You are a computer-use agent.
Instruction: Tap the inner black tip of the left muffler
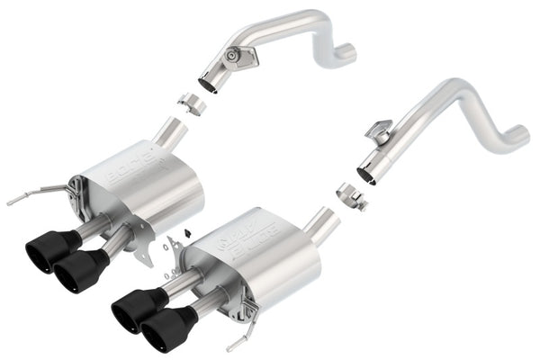click(81, 271)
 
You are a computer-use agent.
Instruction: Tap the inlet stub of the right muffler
click(322, 225)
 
